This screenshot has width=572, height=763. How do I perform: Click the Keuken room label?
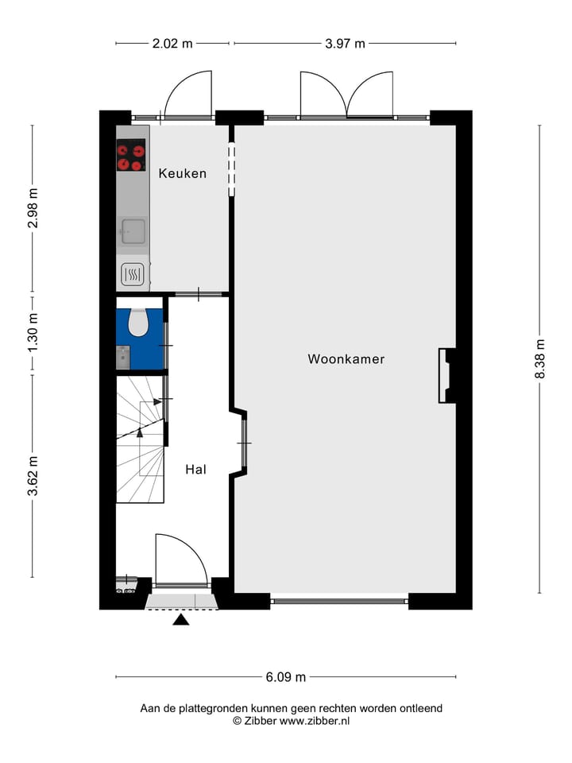click(x=182, y=173)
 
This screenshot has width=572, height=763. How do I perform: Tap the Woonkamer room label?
click(x=346, y=359)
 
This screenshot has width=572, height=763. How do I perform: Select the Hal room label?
click(x=195, y=470)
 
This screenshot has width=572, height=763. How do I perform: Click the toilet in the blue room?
click(x=138, y=321)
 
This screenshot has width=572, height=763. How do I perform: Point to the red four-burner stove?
click(x=132, y=156)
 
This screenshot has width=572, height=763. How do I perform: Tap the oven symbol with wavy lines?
click(x=132, y=275)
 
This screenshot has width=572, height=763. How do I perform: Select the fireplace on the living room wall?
click(x=448, y=375)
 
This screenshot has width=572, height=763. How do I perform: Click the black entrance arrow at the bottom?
click(x=181, y=619)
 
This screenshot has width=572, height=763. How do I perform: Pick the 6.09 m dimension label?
click(x=286, y=677)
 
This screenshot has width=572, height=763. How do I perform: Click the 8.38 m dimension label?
click(x=540, y=359)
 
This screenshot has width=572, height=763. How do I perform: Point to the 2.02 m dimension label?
click(x=172, y=44)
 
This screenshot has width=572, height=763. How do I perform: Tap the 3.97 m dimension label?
click(x=345, y=44)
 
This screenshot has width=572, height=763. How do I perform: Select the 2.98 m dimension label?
click(x=33, y=208)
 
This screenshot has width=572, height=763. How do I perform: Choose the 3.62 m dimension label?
click(x=33, y=476)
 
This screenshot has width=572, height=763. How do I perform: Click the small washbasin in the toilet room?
click(x=123, y=358)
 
